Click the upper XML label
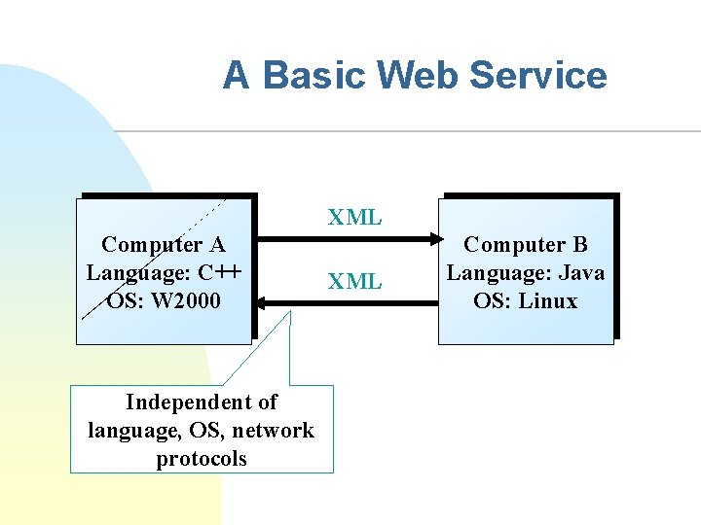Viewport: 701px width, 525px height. (x=354, y=218)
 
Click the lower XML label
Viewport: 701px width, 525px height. (x=354, y=282)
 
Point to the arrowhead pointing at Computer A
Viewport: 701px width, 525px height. (x=266, y=303)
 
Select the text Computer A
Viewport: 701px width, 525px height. (x=164, y=244)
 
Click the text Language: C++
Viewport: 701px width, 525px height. (x=164, y=272)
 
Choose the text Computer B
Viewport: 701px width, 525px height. (x=526, y=245)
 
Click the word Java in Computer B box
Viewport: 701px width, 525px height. (x=580, y=273)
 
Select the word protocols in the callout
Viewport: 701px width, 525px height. (x=202, y=458)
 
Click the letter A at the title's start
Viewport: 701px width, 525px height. (x=237, y=75)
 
